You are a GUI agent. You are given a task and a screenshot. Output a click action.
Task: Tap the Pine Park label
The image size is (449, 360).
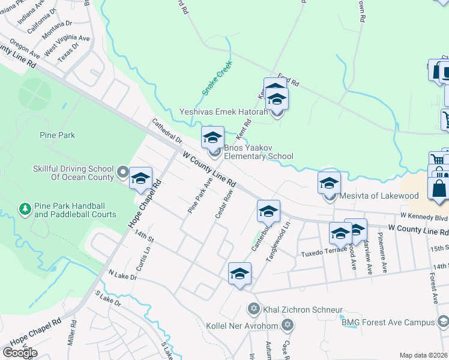point(57,135)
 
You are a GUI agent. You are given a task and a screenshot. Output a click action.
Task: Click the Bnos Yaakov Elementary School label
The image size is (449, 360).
point(259,152)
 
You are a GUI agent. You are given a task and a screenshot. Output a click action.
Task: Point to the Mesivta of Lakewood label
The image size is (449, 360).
point(379,196)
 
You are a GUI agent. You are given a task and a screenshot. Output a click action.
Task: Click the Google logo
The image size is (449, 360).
point(20,352)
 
